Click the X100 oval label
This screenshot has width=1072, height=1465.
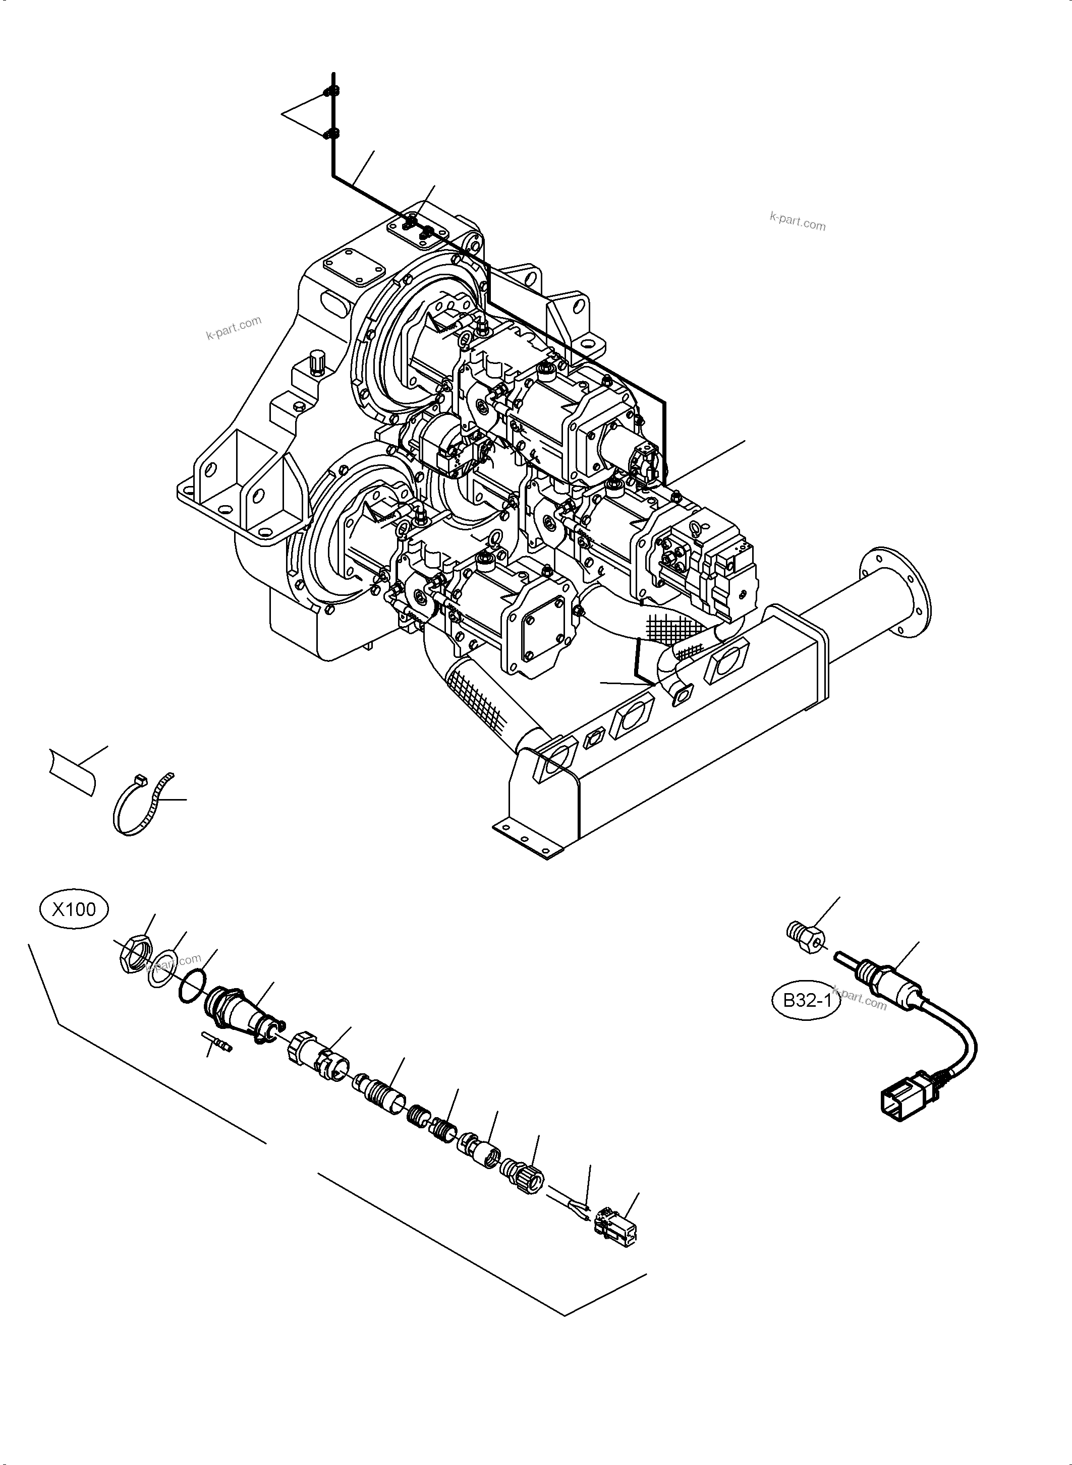74,909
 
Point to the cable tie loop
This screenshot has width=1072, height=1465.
140,806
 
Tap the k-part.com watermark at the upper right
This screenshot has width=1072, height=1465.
798,222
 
